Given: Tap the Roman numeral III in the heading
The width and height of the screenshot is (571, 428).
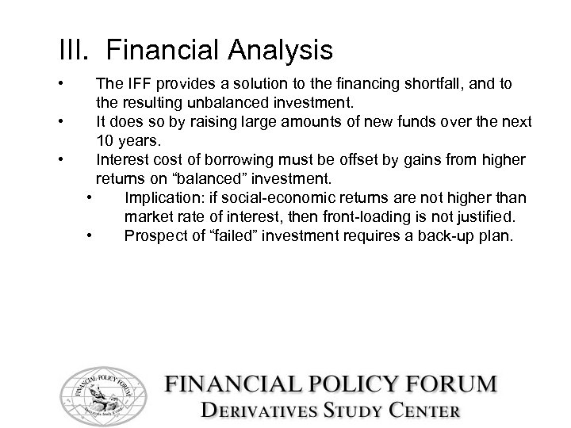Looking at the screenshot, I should (x=74, y=51).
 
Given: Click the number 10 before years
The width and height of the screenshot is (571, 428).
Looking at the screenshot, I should (x=105, y=141).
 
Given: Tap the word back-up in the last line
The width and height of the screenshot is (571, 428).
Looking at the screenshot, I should (x=448, y=235).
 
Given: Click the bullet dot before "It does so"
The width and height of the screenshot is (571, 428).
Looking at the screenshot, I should (x=61, y=122).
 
